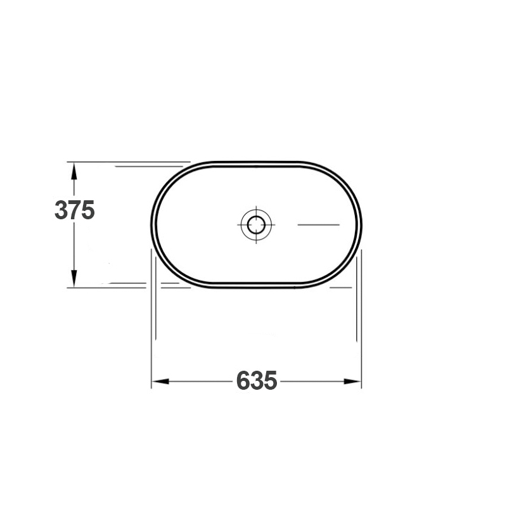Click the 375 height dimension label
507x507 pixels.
(75, 210)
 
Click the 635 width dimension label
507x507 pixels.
(257, 381)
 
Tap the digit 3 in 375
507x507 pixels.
(61, 210)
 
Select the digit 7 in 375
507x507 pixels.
(75, 210)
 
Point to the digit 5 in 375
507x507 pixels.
(88, 210)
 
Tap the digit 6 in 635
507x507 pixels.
(243, 381)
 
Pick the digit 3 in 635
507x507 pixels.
(257, 381)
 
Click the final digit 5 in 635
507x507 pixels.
(271, 381)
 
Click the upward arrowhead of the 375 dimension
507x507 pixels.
(74, 170)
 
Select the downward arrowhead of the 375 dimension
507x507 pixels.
(74, 278)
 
